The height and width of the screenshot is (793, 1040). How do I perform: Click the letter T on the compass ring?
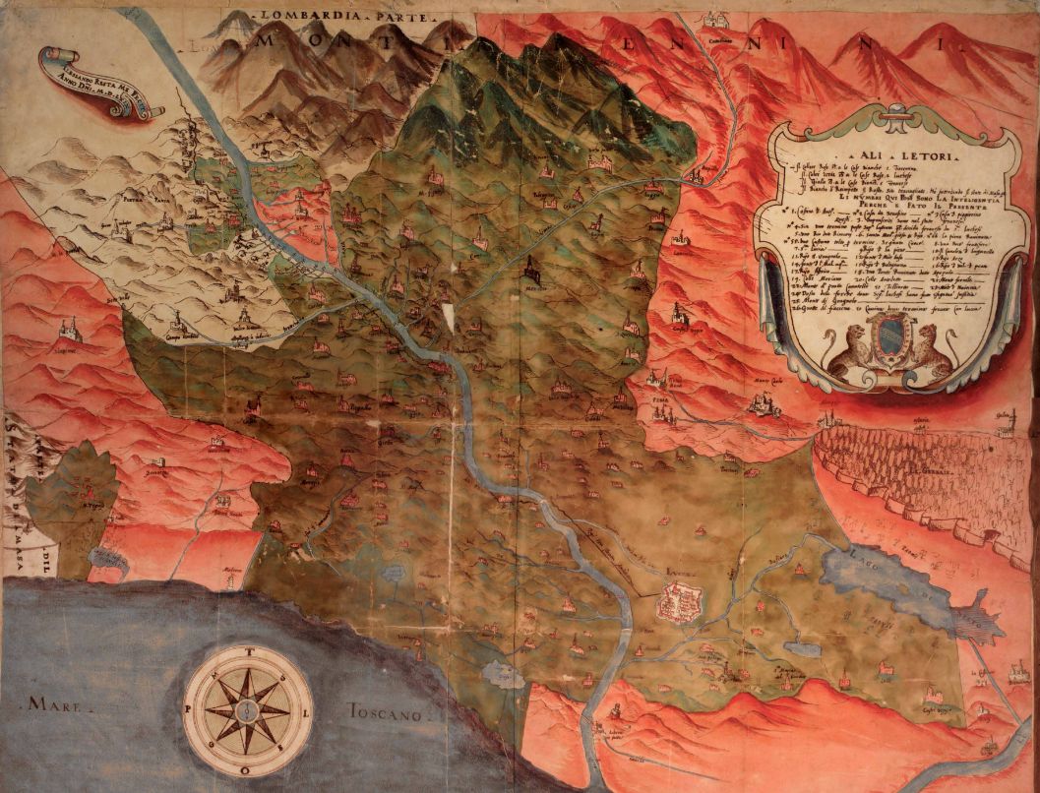tap(248, 649)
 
